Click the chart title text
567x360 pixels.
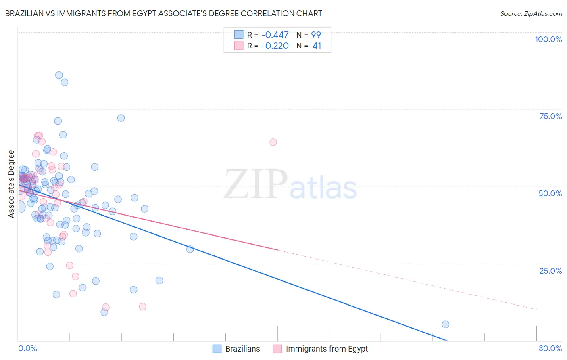pos(164,13)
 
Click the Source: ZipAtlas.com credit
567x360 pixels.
pos(531,13)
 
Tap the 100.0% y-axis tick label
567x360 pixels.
pos(548,39)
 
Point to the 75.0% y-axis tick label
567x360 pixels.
pos(550,116)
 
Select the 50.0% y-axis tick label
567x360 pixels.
pos(550,193)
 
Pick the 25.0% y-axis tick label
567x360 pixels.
pos(550,270)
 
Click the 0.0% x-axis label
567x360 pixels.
pos(27,348)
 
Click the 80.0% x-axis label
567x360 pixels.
pos(550,348)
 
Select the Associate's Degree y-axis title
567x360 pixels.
pos(11,184)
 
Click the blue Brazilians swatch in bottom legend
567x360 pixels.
pos(217,349)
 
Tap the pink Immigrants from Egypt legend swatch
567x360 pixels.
pos(277,349)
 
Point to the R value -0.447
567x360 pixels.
pos(275,35)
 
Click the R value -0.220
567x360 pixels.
pos(275,46)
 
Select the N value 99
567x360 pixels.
pos(316,35)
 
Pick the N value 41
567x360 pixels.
pos(317,46)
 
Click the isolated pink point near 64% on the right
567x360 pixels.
pos(273,142)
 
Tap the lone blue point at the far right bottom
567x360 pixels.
pos(446,324)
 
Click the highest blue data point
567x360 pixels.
pos(59,75)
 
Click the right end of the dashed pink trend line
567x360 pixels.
pos(536,309)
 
